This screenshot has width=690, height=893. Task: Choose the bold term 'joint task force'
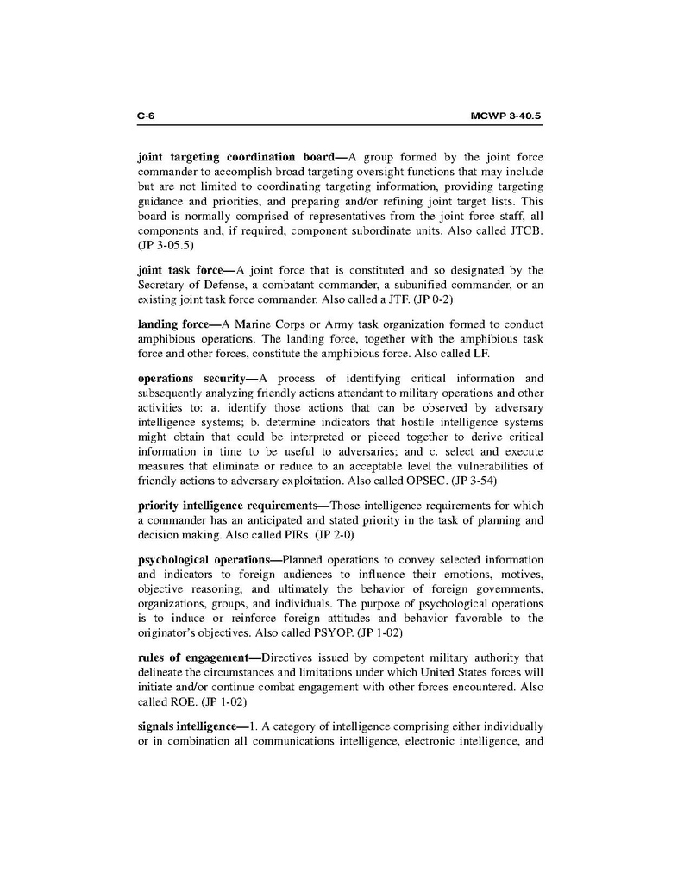(x=180, y=270)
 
